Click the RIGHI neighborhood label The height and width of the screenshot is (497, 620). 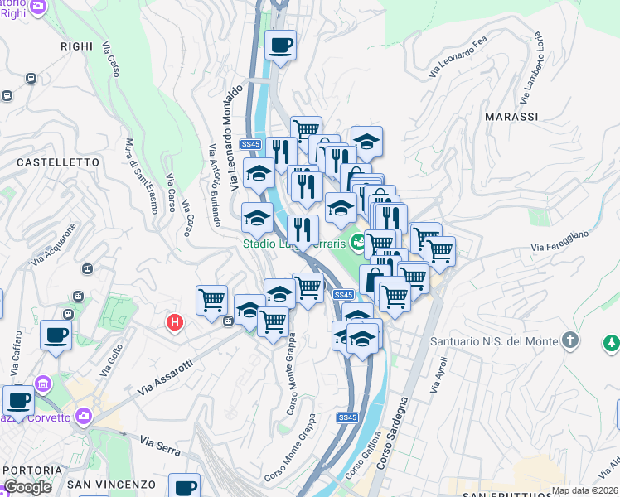click(x=77, y=47)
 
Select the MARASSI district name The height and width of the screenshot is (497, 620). click(x=511, y=117)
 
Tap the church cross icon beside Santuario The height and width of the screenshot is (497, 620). click(x=569, y=340)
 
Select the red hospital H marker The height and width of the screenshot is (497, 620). click(x=174, y=322)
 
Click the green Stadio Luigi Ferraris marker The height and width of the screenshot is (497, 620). click(x=357, y=243)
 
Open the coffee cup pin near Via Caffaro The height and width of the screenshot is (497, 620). click(x=56, y=335)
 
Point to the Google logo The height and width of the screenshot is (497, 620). click(x=27, y=487)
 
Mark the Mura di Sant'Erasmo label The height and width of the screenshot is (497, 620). click(x=141, y=175)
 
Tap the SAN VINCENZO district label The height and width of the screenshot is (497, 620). click(x=111, y=484)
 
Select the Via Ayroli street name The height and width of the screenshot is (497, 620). click(x=440, y=374)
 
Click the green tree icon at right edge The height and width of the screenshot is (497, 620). click(x=611, y=341)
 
